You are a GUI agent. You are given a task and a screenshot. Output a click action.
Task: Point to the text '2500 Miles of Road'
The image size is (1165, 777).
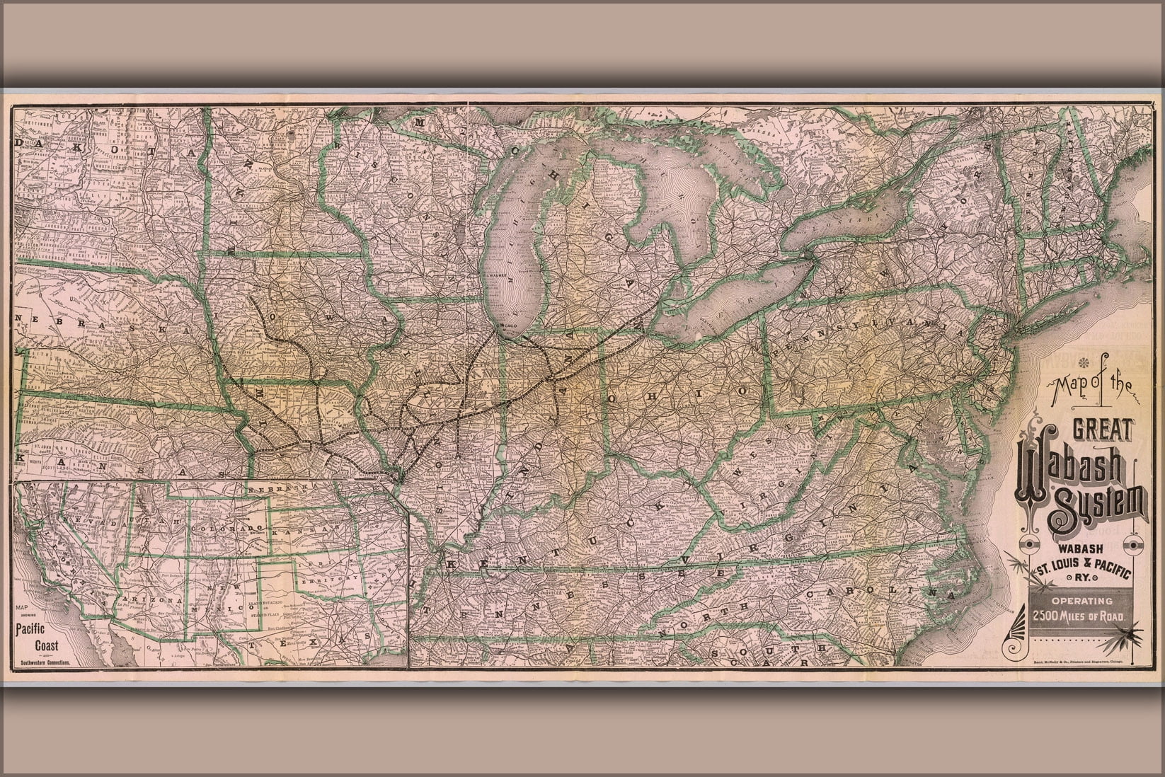[1077, 615]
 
